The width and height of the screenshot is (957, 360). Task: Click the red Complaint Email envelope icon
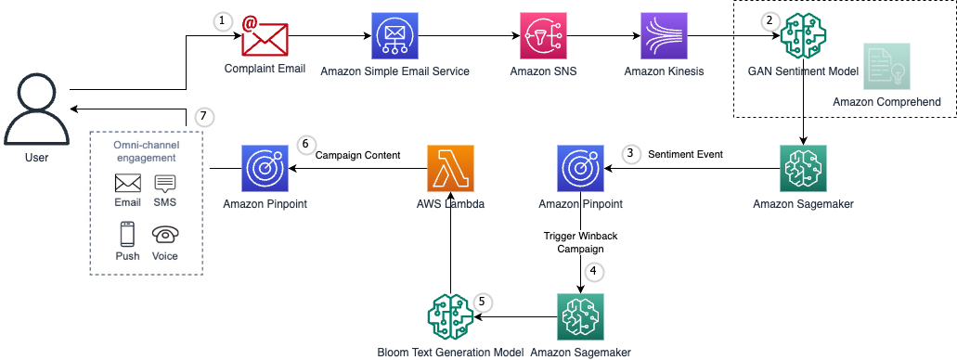[x=265, y=37]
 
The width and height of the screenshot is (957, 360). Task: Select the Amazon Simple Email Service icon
[x=394, y=37]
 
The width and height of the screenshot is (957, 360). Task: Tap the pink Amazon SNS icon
[x=543, y=37]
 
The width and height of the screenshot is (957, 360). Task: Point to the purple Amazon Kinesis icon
[x=664, y=37]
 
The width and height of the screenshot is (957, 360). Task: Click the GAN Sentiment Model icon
[x=803, y=37]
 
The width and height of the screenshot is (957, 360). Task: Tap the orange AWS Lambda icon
[x=450, y=168]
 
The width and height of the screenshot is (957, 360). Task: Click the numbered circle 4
[x=593, y=273]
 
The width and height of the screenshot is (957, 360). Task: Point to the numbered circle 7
[x=205, y=117]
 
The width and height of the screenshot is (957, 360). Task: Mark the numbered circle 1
[x=223, y=21]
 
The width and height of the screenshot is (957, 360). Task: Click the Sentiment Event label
[x=685, y=155]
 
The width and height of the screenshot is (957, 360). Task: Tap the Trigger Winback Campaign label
[x=580, y=242]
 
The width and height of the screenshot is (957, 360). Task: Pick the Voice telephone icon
[x=164, y=235]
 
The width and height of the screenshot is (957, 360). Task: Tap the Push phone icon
[x=127, y=235]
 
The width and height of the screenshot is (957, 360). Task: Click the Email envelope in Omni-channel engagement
[x=127, y=183]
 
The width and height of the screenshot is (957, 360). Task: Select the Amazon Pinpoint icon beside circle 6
[x=265, y=168]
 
